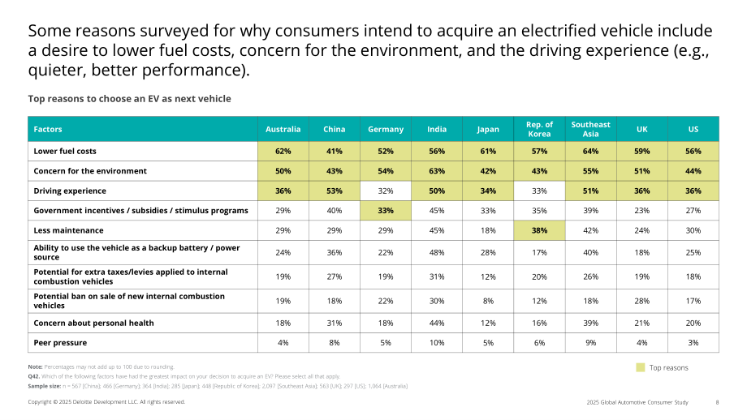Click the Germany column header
[x=386, y=129]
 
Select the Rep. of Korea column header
[x=539, y=129]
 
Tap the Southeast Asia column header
[x=591, y=129]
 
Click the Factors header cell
[x=143, y=129]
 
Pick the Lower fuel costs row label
[x=65, y=152]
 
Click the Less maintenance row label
[x=68, y=230]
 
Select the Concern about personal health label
[x=93, y=323]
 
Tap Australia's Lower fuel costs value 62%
[x=283, y=152]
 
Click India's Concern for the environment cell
[x=437, y=171]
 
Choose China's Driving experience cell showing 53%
[x=335, y=191]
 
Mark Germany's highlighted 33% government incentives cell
[x=386, y=210]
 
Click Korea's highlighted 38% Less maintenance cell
[x=539, y=230]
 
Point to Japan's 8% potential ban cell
[x=488, y=301]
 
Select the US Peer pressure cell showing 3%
[x=693, y=343]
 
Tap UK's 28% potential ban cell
[x=642, y=301]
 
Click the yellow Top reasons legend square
[x=641, y=367]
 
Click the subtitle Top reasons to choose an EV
[x=130, y=99]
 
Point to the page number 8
[x=717, y=402]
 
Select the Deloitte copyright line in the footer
[x=106, y=402]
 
